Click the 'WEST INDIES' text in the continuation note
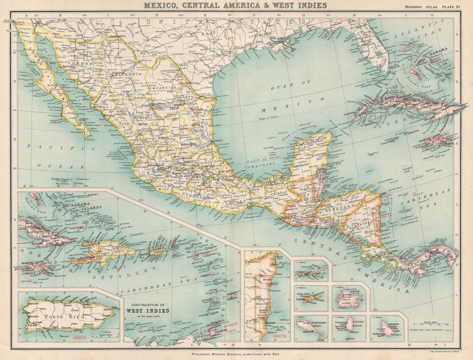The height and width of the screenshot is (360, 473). tap(147, 311)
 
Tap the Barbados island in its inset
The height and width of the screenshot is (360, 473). tap(388, 327)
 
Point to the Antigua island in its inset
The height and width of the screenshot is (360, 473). tap(349, 299)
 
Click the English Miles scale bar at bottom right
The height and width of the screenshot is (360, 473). tap(432, 328)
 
